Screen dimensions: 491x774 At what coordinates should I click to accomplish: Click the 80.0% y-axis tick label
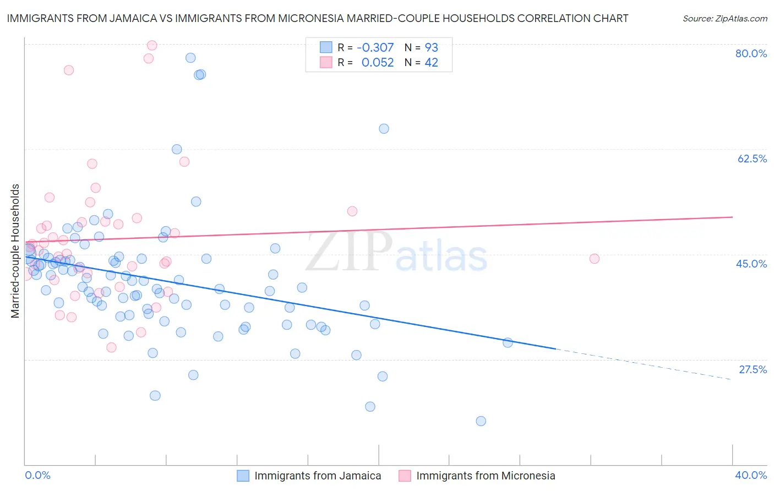pyautogui.click(x=751, y=54)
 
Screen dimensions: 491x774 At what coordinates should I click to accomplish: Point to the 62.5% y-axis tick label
pyautogui.click(x=752, y=159)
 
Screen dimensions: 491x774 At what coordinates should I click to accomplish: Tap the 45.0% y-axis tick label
pyautogui.click(x=751, y=264)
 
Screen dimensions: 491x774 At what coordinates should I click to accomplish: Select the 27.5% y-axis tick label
pyautogui.click(x=753, y=369)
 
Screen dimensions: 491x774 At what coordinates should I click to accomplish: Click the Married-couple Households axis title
pyautogui.click(x=15, y=251)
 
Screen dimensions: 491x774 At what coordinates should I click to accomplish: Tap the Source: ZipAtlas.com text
pyautogui.click(x=725, y=19)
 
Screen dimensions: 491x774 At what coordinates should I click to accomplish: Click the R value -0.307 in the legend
pyautogui.click(x=375, y=48)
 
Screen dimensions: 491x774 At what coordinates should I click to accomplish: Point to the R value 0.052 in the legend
pyautogui.click(x=378, y=63)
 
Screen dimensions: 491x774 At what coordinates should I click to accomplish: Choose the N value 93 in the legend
pyautogui.click(x=432, y=48)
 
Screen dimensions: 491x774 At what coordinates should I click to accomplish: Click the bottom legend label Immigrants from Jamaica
pyautogui.click(x=318, y=476)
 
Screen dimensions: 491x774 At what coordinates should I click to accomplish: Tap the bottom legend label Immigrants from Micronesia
pyautogui.click(x=486, y=476)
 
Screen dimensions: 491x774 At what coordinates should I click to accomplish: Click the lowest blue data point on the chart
pyautogui.click(x=481, y=421)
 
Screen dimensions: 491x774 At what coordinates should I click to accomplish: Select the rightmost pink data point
pyautogui.click(x=594, y=259)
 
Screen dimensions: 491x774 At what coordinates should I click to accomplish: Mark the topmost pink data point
pyautogui.click(x=152, y=45)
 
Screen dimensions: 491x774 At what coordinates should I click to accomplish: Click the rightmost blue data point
pyautogui.click(x=508, y=343)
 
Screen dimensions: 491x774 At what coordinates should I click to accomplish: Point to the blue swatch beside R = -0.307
pyautogui.click(x=326, y=47)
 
